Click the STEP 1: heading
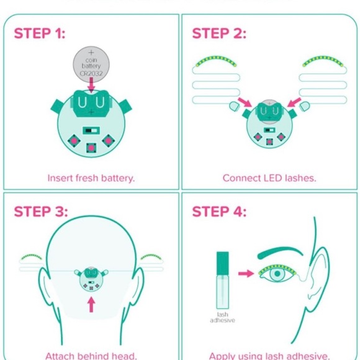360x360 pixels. [x=39, y=34]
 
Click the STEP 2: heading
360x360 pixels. [x=219, y=34]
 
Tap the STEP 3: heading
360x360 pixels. [x=40, y=212]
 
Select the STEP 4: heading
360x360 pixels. [x=219, y=212]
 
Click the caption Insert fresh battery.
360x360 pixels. [x=91, y=178]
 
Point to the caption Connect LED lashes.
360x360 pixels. [x=269, y=178]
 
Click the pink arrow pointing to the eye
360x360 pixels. [x=246, y=272]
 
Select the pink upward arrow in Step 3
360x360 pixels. [x=91, y=304]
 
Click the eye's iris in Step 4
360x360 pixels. [x=277, y=274]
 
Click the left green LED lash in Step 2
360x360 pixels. [x=215, y=61]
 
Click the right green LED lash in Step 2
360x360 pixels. [x=323, y=61]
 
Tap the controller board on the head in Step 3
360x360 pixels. [x=91, y=281]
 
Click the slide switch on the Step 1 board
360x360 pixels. [x=91, y=130]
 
